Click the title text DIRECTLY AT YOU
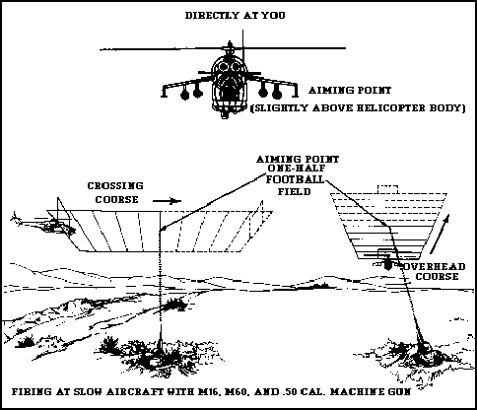(236, 16)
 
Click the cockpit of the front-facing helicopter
(230, 67)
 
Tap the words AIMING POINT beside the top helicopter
(350, 90)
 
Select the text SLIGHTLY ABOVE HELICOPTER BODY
(358, 108)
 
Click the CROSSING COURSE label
(115, 192)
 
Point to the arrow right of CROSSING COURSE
(167, 201)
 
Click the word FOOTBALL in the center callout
(295, 179)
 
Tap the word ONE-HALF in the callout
(298, 169)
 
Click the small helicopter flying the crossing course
(44, 224)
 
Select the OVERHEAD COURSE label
(436, 271)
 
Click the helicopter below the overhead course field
(388, 260)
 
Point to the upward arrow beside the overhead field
(440, 234)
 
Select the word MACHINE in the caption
(356, 392)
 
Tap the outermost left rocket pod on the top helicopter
(185, 95)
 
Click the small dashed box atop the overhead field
(387, 189)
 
